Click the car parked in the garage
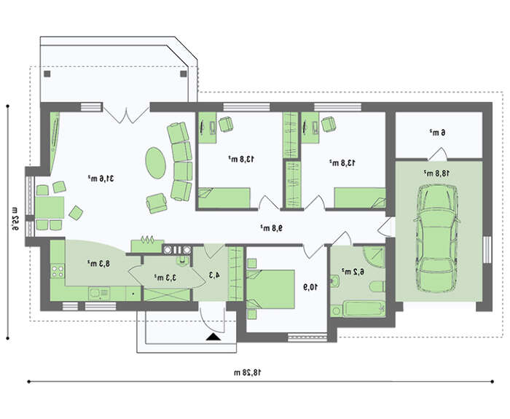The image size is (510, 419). click(437, 238)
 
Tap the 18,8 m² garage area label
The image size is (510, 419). click(437, 173)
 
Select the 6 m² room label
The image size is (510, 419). click(437, 133)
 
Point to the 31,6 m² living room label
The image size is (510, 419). click(101, 179)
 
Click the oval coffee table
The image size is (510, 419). click(155, 162)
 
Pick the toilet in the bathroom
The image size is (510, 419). click(377, 286)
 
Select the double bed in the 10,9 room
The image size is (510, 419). click(270, 289)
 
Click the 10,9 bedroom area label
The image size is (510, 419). click(310, 287)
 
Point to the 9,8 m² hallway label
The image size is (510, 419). click(271, 228)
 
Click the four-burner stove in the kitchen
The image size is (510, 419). click(58, 272)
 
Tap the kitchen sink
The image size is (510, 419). click(98, 294)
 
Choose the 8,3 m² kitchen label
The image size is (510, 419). click(99, 263)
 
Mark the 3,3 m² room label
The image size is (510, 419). click(165, 278)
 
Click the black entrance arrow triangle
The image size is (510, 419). click(213, 337)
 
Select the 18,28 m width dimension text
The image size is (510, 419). click(248, 372)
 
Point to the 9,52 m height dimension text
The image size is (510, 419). click(15, 219)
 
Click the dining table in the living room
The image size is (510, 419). click(50, 208)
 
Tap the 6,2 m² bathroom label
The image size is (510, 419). click(353, 272)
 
